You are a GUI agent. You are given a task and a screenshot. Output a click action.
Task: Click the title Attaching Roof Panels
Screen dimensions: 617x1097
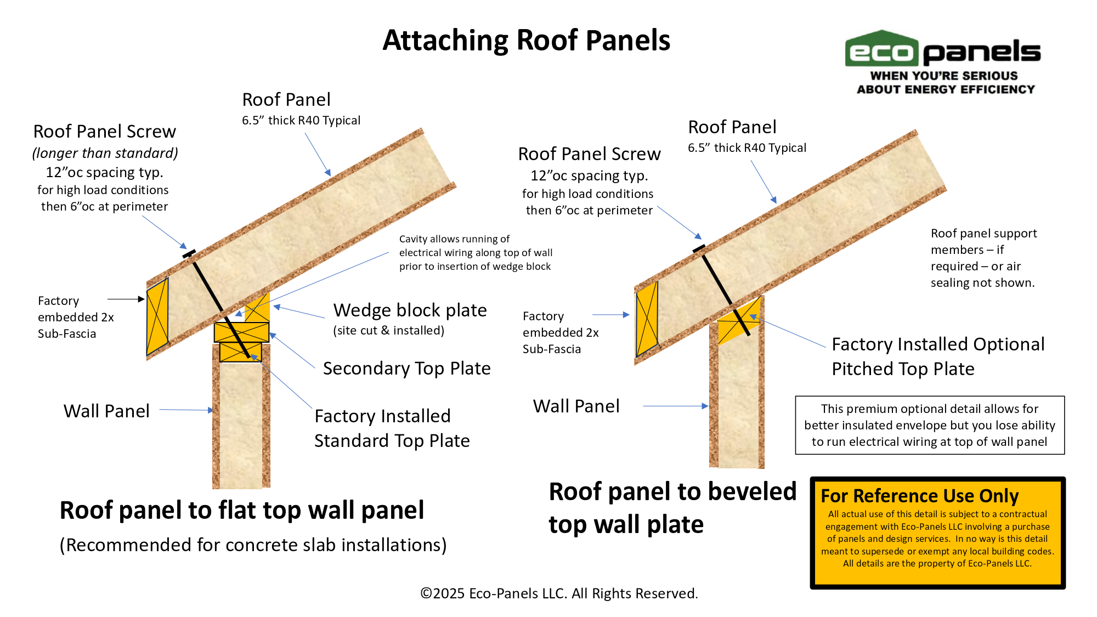[526, 41]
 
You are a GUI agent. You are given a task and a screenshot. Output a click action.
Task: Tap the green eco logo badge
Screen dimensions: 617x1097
[881, 50]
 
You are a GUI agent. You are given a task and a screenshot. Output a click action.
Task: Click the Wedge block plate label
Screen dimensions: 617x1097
[410, 310]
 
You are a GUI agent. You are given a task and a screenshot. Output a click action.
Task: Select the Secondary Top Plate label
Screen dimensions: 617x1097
[406, 369]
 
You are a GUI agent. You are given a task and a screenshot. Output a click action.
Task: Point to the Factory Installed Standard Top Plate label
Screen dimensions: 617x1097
[392, 428]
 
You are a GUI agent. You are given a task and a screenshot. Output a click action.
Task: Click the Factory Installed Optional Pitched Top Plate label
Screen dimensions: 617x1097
[938, 356]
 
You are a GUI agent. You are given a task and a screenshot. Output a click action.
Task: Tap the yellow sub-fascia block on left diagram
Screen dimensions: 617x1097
[157, 316]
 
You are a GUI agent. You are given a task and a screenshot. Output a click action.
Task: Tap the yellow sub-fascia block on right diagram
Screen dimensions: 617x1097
[647, 319]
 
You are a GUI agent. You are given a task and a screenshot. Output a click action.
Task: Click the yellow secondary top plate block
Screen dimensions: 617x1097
[241, 332]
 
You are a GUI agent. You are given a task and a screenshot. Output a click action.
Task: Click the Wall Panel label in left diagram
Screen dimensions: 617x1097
[106, 411]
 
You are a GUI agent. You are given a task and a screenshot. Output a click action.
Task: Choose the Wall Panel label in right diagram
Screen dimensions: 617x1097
[576, 406]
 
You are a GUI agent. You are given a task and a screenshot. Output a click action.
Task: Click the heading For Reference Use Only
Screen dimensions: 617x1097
[919, 496]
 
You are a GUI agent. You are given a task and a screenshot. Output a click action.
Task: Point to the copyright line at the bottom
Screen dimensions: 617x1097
[559, 593]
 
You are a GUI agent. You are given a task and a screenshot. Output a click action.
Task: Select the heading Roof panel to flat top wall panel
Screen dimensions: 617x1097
[242, 510]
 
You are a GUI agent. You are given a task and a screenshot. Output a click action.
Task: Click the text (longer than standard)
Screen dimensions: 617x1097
[105, 153]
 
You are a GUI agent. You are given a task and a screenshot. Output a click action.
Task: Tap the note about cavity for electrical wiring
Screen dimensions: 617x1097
[476, 253]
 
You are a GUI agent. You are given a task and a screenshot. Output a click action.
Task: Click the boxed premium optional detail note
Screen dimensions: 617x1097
[930, 425]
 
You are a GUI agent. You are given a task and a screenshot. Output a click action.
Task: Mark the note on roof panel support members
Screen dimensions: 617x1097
[983, 258]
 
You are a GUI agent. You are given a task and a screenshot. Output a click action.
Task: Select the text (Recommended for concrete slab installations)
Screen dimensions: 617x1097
[253, 545]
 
